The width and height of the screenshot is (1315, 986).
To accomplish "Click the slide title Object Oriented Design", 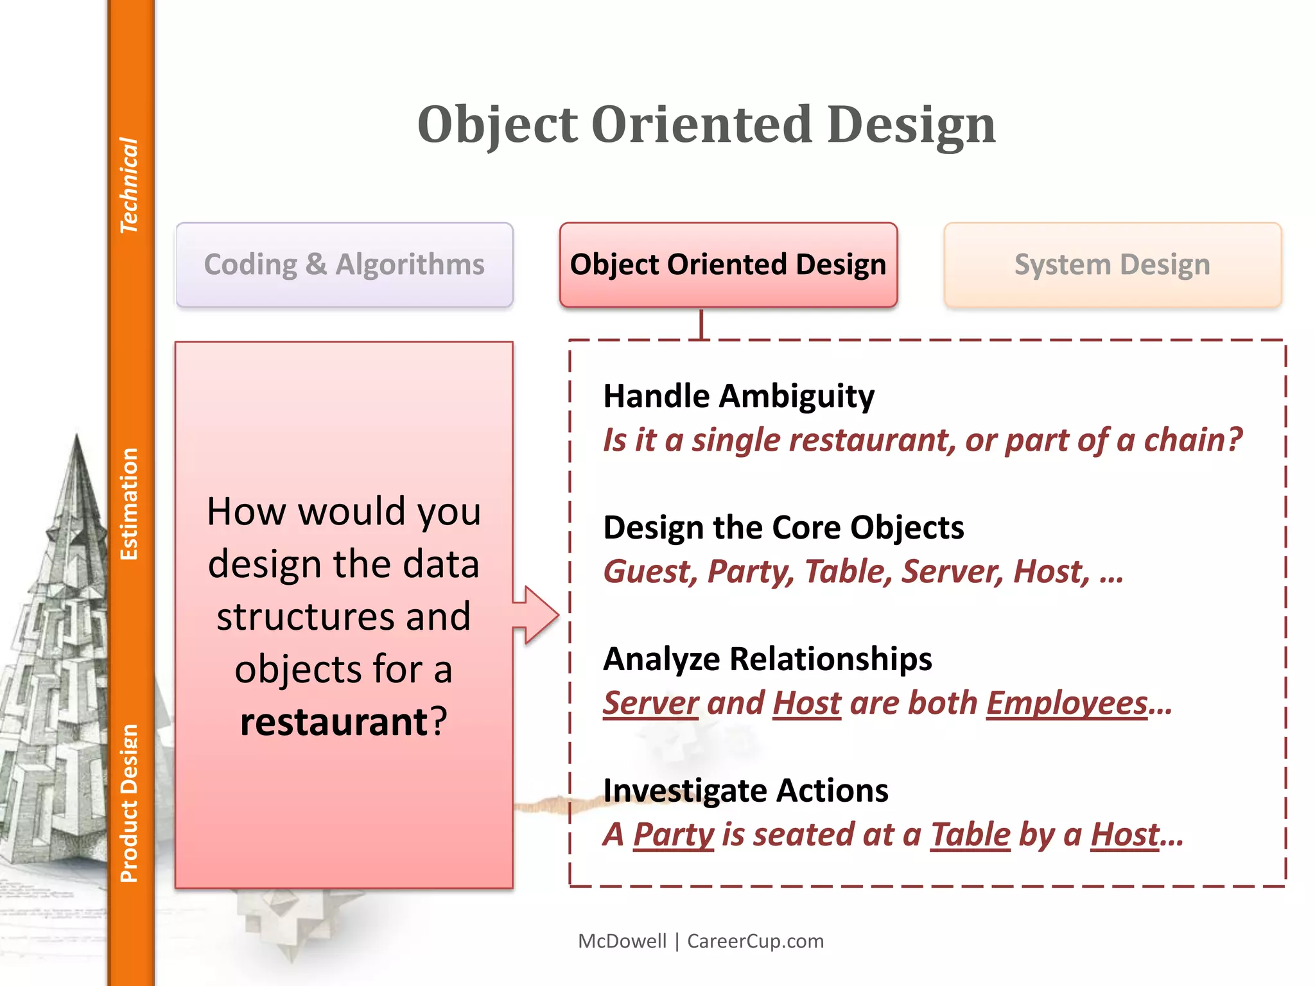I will click(706, 125).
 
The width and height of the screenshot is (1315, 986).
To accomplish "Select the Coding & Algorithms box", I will click(344, 264).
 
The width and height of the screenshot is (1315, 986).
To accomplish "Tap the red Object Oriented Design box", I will click(728, 264).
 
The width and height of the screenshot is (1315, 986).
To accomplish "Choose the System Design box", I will click(1112, 264).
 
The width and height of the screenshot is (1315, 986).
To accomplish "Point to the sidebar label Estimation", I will click(129, 504).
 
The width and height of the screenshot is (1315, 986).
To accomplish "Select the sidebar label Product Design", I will click(129, 803).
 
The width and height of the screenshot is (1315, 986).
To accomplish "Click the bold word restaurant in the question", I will click(334, 722).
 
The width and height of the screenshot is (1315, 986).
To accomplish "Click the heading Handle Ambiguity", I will click(738, 396).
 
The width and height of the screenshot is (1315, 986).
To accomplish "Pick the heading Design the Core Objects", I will click(783, 528).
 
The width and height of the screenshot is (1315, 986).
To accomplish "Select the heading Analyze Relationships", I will click(767, 659).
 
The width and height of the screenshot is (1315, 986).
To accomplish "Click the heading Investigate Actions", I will click(745, 791).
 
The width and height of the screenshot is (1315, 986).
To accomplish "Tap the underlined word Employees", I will click(1067, 703).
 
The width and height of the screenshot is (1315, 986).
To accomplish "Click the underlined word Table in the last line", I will click(970, 835).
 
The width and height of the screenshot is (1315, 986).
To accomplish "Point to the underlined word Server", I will click(650, 703).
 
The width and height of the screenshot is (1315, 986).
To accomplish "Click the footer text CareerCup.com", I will click(755, 941).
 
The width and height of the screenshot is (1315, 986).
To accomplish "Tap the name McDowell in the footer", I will click(622, 941).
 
